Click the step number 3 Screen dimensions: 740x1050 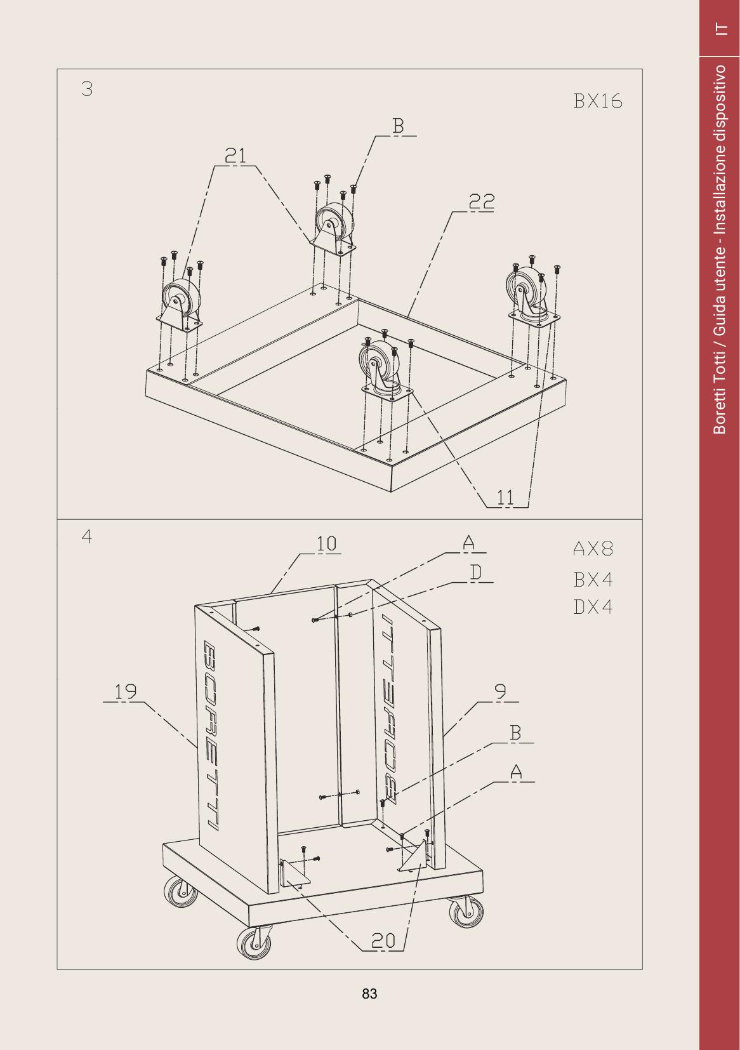(87, 89)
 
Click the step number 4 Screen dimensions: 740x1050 (87, 536)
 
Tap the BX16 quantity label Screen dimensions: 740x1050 (598, 101)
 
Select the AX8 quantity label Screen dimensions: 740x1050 (593, 548)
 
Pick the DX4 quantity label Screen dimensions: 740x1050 (593, 607)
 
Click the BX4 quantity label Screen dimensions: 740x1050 (593, 580)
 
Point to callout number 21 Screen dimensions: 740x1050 (235, 155)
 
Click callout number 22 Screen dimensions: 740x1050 (482, 202)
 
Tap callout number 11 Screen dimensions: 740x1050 (505, 497)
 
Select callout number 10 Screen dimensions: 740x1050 (327, 544)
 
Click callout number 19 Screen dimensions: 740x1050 (125, 691)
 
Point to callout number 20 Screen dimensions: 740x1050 (383, 940)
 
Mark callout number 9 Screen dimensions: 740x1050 (501, 691)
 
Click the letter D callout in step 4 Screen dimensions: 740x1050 (476, 573)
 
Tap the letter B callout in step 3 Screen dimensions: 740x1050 (398, 126)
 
